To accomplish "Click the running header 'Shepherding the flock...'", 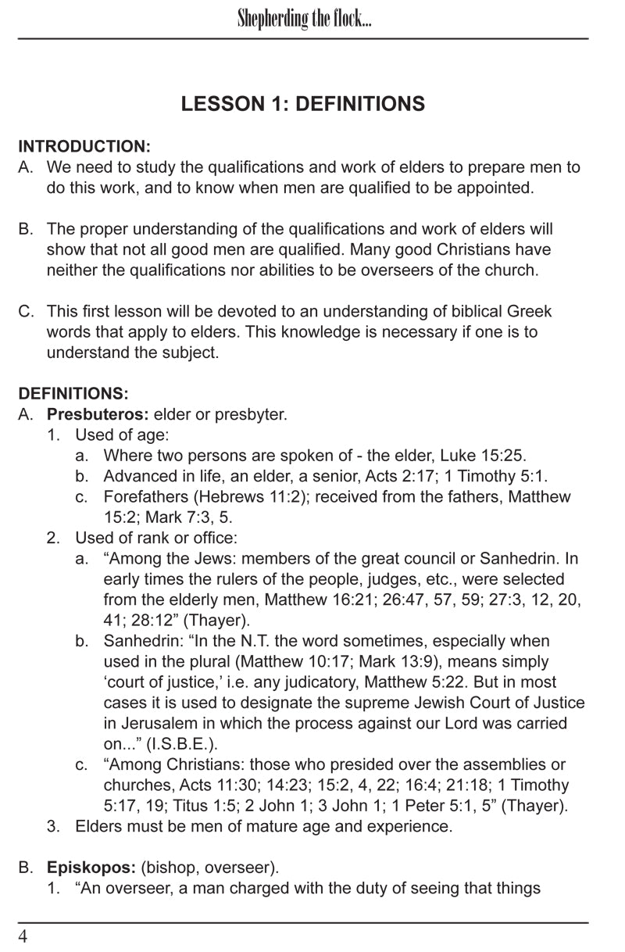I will (x=304, y=20).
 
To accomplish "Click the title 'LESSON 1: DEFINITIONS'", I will (x=303, y=104).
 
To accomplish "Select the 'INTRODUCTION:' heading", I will (x=84, y=146).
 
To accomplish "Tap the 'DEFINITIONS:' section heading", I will (x=73, y=393).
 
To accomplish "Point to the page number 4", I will (x=23, y=936).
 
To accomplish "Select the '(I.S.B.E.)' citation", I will (x=188, y=743).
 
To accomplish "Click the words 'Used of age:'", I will (x=122, y=435).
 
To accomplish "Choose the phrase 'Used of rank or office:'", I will (x=156, y=538).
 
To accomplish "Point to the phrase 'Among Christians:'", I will (x=168, y=764).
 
